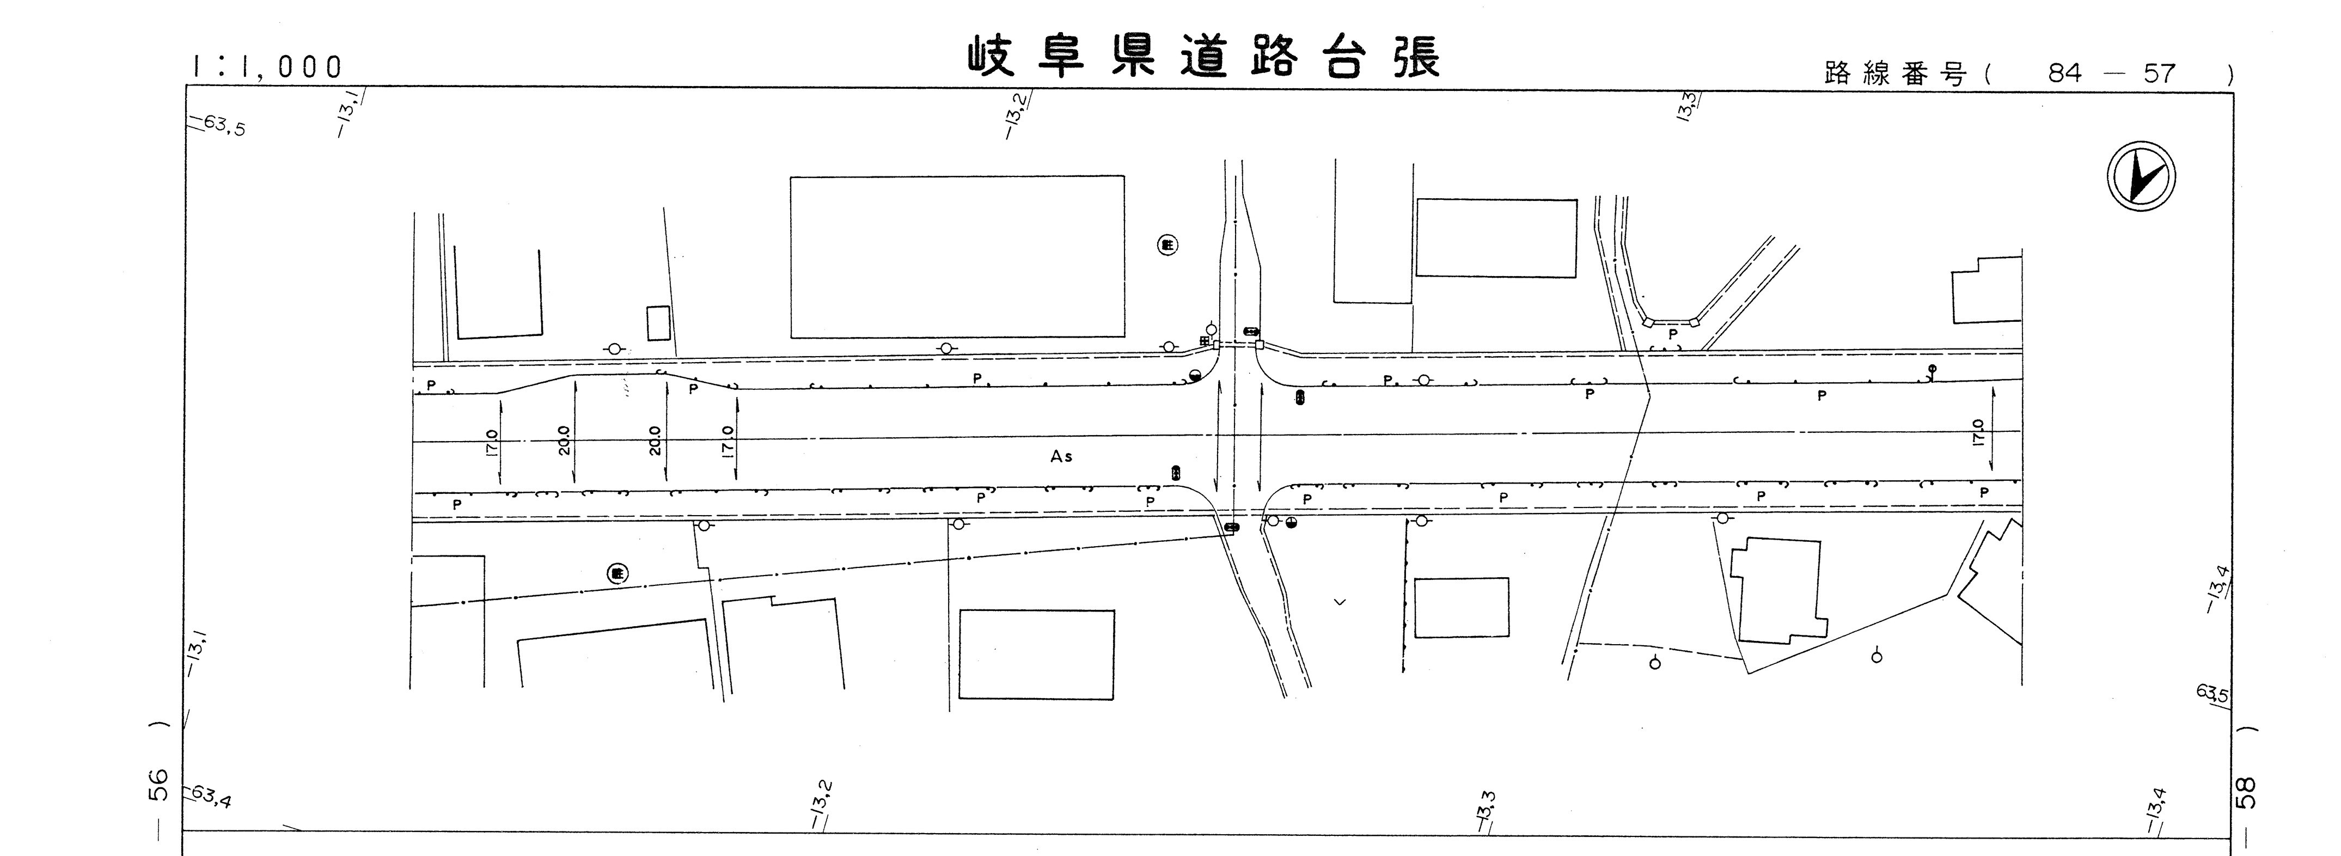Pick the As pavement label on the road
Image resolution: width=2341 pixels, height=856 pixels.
(x=1061, y=456)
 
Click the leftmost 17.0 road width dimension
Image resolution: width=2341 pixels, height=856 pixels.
(x=492, y=445)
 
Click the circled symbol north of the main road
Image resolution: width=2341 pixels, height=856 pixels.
(x=1168, y=244)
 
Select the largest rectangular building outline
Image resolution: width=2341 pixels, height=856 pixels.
(x=957, y=257)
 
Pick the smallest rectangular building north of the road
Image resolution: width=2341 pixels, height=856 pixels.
(x=658, y=323)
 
